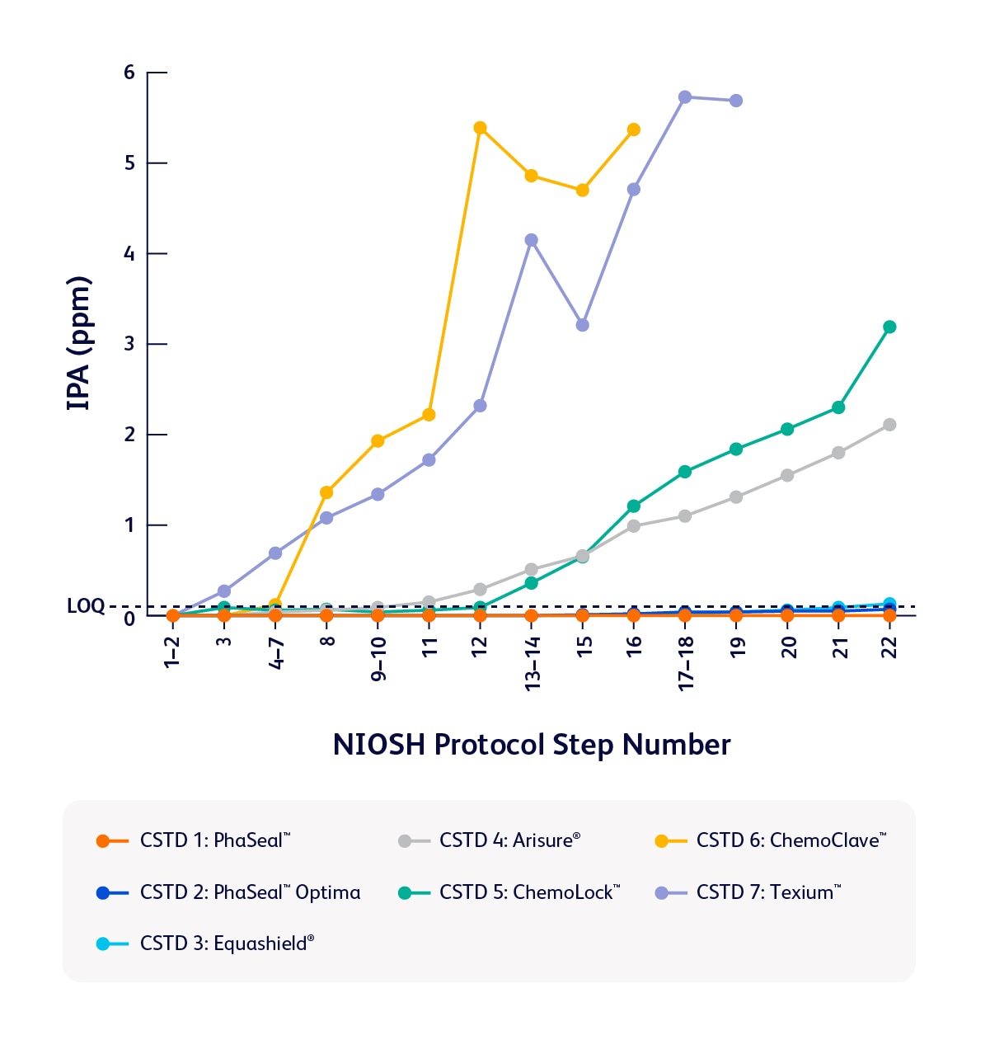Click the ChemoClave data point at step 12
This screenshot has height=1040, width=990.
pos(480,128)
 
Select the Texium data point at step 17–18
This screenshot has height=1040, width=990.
pos(684,97)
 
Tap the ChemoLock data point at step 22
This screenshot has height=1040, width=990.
pos(889,327)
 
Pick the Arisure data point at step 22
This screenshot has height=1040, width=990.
pos(889,425)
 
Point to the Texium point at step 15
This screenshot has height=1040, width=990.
pos(583,325)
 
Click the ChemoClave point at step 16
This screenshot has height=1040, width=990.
pos(634,129)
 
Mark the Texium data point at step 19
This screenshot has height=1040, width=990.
pos(736,101)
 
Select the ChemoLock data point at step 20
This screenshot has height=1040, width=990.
pos(787,429)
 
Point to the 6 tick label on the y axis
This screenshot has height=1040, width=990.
pos(129,73)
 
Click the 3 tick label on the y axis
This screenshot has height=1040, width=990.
pos(129,344)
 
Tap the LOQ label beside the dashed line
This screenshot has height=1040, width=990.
pos(86,606)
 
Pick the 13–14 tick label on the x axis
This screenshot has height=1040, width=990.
pos(533,664)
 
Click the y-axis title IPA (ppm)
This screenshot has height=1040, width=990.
pos(79,344)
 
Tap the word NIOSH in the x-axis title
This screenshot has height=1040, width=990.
pos(379,745)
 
